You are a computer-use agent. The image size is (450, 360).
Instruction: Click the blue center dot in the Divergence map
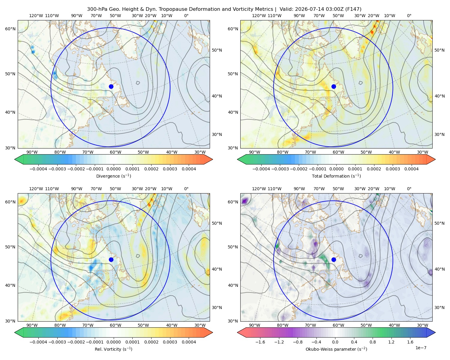[111, 86]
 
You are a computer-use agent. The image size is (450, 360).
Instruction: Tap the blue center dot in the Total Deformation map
[334, 86]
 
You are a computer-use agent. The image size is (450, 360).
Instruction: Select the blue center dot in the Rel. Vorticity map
[111, 259]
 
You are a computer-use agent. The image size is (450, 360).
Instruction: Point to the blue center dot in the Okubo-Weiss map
[334, 259]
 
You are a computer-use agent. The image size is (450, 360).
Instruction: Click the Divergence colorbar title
[113, 176]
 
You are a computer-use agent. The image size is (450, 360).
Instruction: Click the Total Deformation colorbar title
[336, 176]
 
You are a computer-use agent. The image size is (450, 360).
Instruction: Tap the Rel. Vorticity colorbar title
[113, 349]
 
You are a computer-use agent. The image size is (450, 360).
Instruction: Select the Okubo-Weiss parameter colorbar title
[336, 349]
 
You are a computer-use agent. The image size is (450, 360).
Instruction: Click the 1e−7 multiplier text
[421, 348]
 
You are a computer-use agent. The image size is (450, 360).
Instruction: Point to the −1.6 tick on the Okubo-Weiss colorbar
[260, 342]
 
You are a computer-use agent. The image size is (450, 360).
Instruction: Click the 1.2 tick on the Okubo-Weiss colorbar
[391, 342]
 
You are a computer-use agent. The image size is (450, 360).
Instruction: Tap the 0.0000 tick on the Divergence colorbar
[113, 169]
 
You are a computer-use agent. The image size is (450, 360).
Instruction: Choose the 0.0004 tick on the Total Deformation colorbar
[411, 169]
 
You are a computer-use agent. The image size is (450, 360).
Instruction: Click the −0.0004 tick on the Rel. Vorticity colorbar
[38, 342]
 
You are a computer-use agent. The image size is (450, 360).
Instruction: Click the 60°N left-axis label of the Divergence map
[10, 29]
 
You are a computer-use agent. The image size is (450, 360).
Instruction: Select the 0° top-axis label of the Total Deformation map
[409, 16]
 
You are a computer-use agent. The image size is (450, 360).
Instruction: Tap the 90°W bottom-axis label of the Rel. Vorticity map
[32, 325]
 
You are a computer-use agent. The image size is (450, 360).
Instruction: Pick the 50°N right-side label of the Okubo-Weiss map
[439, 223]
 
